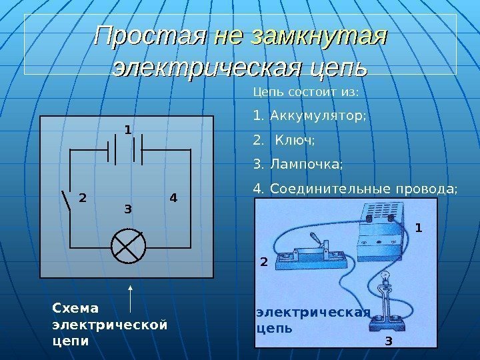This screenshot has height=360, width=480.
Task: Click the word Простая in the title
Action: pos(149,34)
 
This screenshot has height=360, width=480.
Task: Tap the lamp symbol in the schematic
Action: pos(129,245)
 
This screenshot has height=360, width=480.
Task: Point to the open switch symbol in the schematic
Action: pos(67,199)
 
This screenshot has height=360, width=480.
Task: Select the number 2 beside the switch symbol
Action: pos(83,198)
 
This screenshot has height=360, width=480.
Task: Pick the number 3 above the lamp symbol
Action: pos(128,209)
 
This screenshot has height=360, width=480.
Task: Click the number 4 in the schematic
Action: pos(173,198)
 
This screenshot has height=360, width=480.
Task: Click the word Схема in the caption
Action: pos(75,308)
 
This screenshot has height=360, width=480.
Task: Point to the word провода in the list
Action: pos(427,189)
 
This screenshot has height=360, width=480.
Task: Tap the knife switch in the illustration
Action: pos(307,253)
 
